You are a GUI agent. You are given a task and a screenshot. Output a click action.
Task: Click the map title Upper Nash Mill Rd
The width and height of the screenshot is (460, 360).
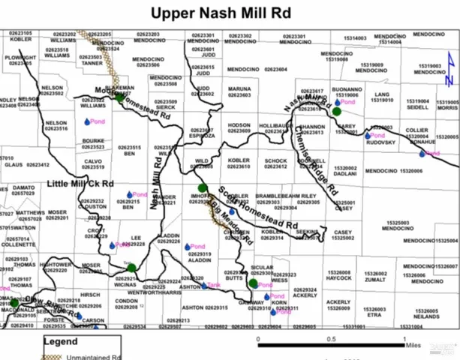pyautogui.click(x=230, y=13)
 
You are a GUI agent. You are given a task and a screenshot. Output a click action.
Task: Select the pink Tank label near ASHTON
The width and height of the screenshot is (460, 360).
pyautogui.click(x=215, y=286)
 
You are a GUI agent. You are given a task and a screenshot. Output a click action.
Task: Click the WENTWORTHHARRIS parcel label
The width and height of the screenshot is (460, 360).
pyautogui.click(x=161, y=292)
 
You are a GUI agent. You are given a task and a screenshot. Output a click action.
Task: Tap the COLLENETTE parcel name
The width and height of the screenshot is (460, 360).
pyautogui.click(x=18, y=244)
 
